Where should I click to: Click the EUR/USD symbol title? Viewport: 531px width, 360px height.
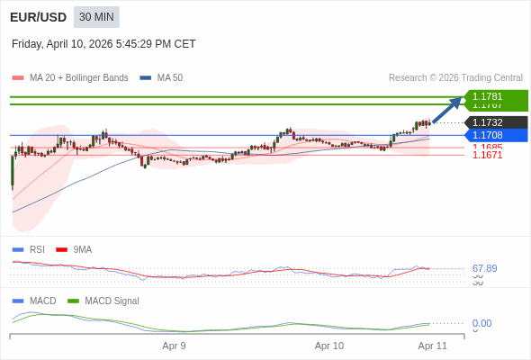click(38, 17)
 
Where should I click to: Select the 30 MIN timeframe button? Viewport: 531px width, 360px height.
click(96, 17)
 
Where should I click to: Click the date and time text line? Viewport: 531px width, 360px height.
click(103, 44)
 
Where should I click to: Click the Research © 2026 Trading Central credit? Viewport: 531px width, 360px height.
click(455, 77)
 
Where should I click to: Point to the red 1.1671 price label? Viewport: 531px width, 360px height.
click(487, 156)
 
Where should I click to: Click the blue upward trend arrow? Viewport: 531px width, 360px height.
click(447, 109)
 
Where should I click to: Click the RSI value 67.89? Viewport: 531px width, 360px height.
click(484, 268)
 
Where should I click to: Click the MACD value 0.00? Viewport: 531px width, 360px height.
click(481, 323)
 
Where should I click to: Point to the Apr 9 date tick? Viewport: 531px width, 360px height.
click(174, 346)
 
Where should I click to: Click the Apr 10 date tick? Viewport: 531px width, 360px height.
click(329, 346)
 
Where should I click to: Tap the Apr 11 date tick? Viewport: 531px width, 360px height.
click(433, 346)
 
